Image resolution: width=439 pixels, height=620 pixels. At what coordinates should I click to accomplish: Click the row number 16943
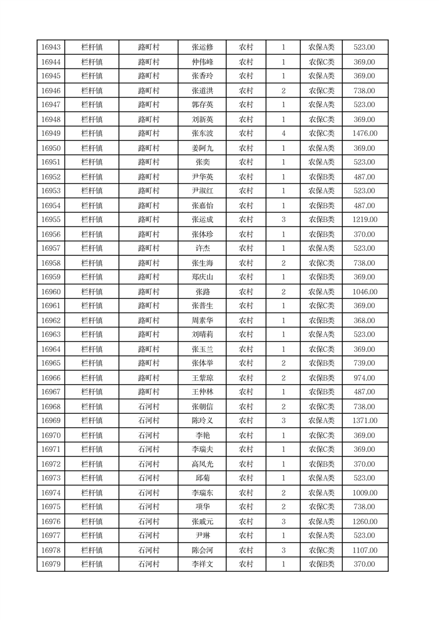coord(51,48)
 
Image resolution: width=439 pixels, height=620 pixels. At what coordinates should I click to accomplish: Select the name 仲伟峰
coord(202,62)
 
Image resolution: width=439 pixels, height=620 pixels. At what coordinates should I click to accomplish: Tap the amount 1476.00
coord(364,133)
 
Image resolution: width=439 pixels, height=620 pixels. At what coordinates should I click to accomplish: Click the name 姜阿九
coord(202,148)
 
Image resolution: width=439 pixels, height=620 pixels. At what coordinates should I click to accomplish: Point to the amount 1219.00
coord(364,219)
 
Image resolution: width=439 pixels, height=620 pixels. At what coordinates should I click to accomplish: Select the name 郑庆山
coord(202,277)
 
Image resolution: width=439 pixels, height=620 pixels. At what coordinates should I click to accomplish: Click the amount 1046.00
coord(364,292)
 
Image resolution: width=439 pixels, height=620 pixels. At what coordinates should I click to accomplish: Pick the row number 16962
coord(51,320)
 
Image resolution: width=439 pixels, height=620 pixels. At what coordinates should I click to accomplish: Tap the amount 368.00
coord(364,320)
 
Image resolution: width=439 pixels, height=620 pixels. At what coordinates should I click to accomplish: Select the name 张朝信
coord(202,407)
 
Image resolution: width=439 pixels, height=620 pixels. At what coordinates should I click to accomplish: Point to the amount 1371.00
coord(364,421)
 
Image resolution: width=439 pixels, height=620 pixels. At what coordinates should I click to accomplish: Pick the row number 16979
coord(51,564)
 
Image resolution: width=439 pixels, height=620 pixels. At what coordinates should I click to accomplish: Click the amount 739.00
coord(364,363)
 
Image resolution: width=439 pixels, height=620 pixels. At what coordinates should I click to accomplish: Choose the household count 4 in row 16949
coord(284,133)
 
